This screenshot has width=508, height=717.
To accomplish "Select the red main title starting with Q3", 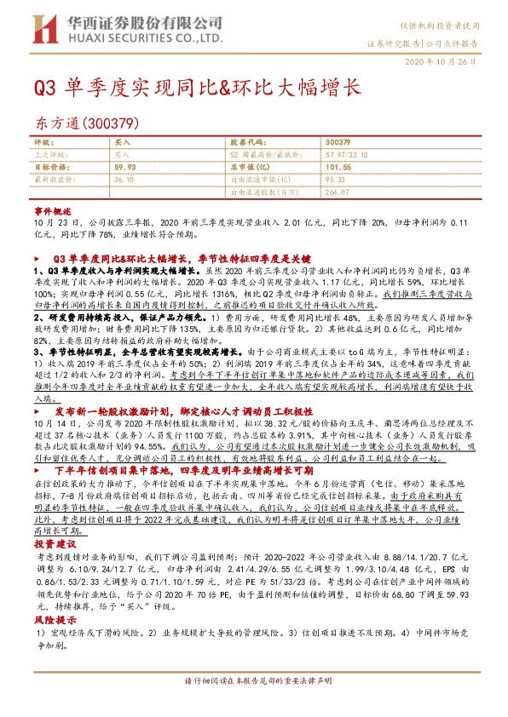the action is click(x=197, y=87).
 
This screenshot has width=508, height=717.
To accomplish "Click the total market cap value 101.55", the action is click(x=338, y=168).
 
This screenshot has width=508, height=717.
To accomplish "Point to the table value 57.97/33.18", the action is click(x=350, y=155).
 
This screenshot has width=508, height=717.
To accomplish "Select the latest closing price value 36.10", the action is click(x=124, y=181).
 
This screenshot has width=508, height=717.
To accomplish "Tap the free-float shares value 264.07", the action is click(x=338, y=193).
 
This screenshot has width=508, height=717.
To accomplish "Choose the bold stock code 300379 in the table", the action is click(x=338, y=142).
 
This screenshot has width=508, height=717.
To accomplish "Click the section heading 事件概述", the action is click(x=49, y=209).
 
